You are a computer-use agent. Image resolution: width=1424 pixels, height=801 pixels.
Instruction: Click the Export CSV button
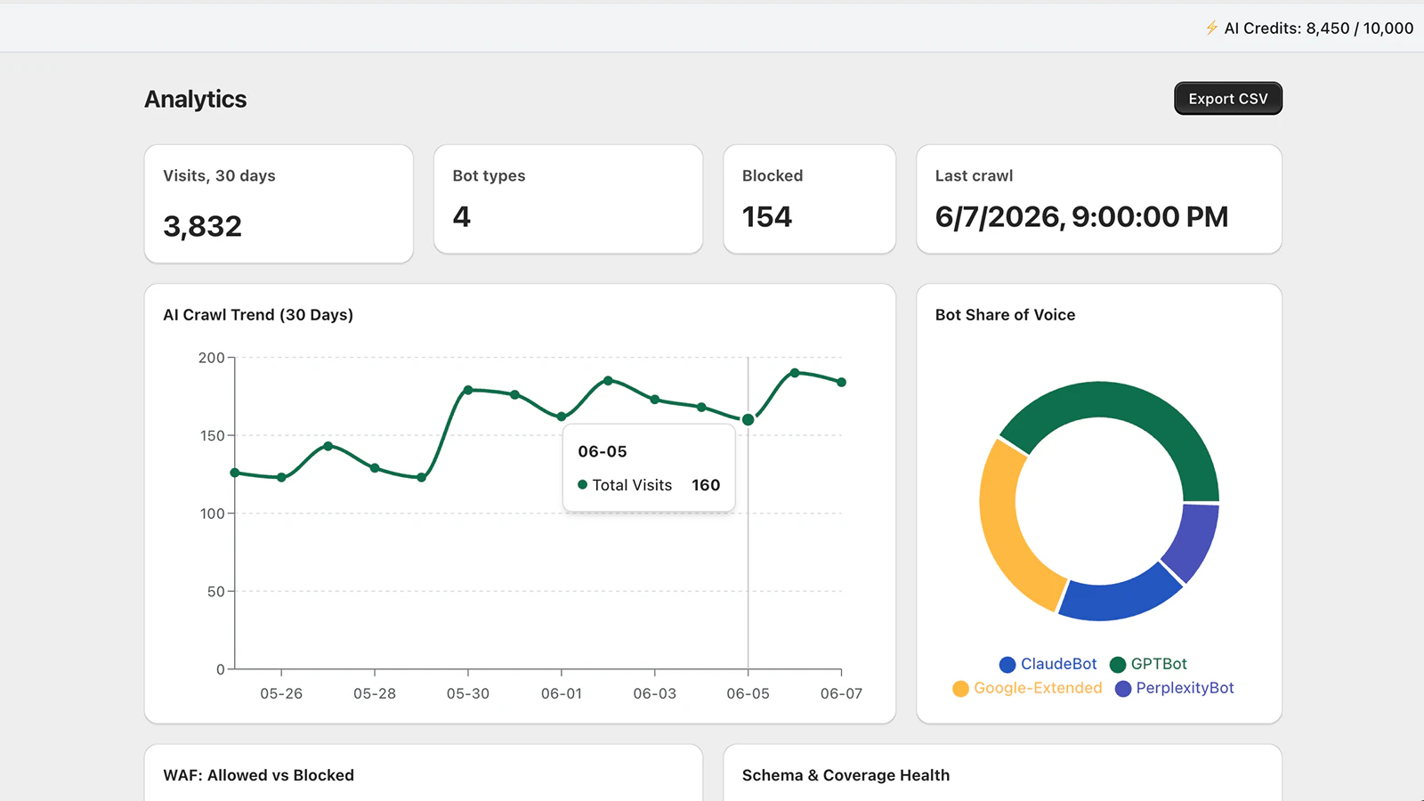1227,99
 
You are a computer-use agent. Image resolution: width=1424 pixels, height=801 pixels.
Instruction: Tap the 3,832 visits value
202,226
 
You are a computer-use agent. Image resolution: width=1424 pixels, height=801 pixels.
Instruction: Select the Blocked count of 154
766,217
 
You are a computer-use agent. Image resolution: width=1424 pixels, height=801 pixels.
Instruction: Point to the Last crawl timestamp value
1081,217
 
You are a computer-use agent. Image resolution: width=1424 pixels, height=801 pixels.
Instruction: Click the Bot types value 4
462,217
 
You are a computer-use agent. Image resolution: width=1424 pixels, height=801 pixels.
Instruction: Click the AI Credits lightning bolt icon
1211,28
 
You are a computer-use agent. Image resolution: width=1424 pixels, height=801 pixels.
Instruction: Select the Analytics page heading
195,99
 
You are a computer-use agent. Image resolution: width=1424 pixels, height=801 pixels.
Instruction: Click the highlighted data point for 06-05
748,419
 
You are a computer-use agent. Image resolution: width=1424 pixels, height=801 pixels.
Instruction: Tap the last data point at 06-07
842,382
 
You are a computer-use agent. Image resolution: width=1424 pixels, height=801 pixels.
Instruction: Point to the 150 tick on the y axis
213,435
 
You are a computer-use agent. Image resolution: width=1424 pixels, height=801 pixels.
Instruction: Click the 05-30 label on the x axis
468,693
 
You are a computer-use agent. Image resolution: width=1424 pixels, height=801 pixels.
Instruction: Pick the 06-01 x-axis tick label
562,693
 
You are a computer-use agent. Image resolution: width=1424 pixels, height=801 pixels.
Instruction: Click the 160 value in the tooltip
706,485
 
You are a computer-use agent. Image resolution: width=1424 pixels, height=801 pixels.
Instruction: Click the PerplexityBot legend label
1185,688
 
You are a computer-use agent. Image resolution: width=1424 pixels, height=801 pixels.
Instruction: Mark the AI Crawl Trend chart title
258,315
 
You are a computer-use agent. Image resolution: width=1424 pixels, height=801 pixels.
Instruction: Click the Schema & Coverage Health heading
845,775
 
